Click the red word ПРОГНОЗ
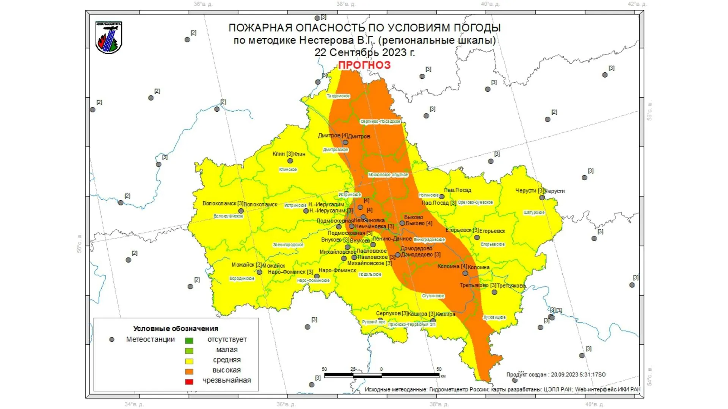[364, 65]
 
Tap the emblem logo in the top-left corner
[109, 37]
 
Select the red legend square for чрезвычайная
[189, 381]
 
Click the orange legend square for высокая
[189, 371]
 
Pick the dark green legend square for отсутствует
[189, 340]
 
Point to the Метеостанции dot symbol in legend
[112, 340]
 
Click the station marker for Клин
[290, 161]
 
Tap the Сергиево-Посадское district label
[380, 122]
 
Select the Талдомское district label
[338, 96]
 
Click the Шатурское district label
[534, 213]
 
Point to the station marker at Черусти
[542, 198]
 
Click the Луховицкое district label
[494, 317]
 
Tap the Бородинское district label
[242, 279]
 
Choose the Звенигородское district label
[288, 245]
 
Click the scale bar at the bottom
[381, 375]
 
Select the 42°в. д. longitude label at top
[637, 4]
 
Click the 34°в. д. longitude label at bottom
[134, 404]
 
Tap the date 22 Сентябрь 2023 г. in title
[364, 52]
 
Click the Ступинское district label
[433, 296]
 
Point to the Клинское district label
[288, 170]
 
